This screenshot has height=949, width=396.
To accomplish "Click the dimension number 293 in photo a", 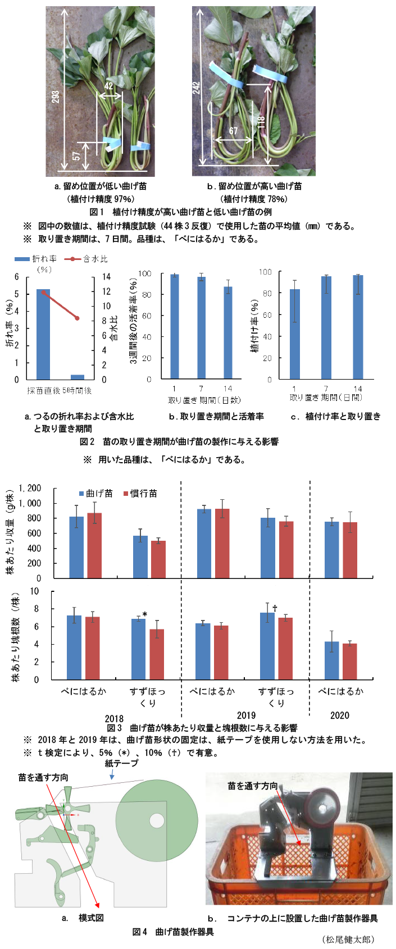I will [56, 97].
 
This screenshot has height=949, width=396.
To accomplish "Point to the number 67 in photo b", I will [233, 131].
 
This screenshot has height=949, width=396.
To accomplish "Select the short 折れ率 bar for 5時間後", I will [78, 377].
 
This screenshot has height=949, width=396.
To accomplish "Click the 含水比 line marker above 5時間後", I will [78, 318].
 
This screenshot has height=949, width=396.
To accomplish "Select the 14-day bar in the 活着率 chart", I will [227, 333].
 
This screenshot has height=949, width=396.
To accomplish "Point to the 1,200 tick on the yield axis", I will [30, 489].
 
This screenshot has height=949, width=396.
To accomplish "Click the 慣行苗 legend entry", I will [140, 494].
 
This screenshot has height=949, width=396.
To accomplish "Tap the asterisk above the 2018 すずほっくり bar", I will [145, 615].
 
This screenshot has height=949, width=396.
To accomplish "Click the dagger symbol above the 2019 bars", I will [275, 609].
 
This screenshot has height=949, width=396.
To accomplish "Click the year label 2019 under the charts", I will [246, 715].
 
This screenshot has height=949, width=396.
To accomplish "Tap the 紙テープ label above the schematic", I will [121, 763].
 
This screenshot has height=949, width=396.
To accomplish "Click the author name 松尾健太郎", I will [348, 939].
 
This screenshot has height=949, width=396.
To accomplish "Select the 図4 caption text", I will [173, 932].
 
